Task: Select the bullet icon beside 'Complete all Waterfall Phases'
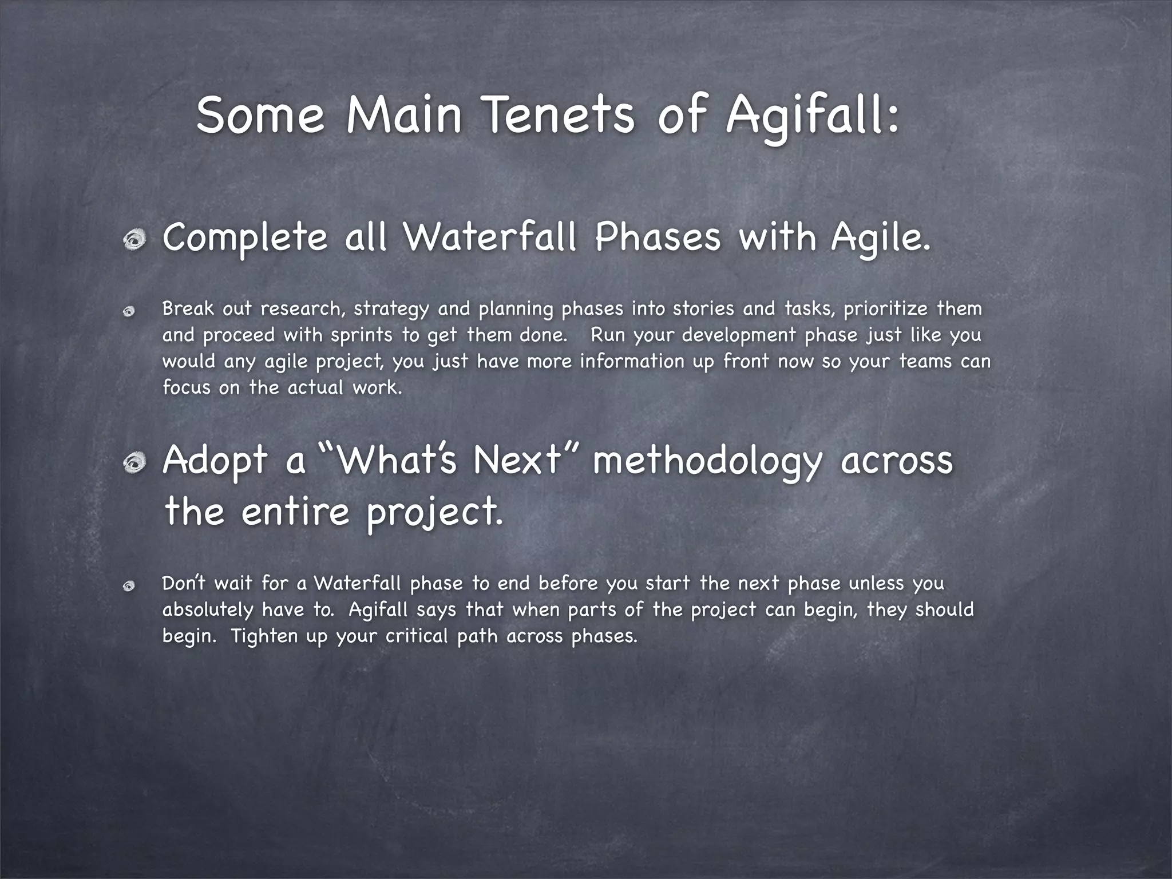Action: pos(136,240)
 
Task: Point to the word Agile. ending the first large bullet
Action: pos(881,238)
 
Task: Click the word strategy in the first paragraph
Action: pos(391,310)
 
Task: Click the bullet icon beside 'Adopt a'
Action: pos(136,462)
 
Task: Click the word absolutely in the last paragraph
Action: pos(207,610)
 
